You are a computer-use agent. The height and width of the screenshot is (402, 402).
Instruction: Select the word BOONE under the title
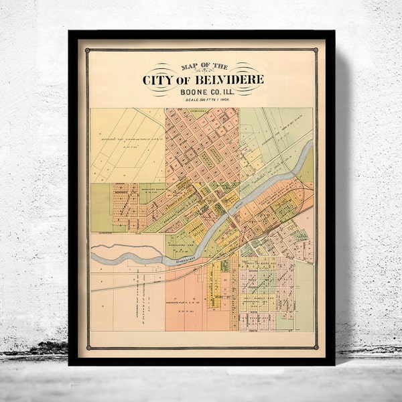[190, 92]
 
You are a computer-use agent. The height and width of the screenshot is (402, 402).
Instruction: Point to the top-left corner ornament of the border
[86, 50]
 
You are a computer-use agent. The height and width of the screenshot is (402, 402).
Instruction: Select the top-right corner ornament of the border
[317, 50]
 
